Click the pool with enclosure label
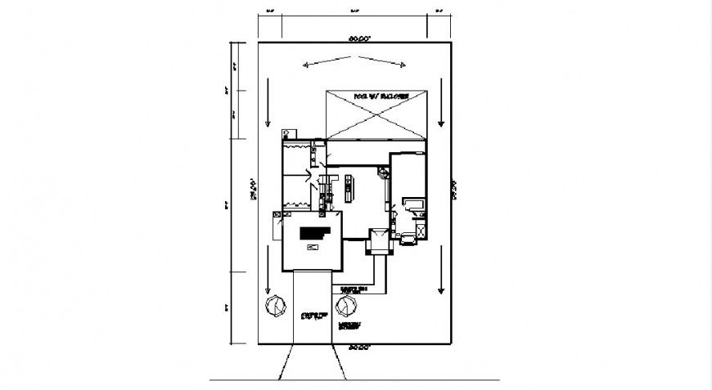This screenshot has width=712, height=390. pos(376,96)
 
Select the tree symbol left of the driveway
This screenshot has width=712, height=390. pos(274,307)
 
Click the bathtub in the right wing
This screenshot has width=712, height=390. pos(412,204)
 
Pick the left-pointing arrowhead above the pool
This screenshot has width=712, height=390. pos(306,64)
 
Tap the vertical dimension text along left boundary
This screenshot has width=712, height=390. pos(254,190)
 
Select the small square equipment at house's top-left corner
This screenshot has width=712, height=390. pos(287,132)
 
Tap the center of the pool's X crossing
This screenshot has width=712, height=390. pos(376,114)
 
